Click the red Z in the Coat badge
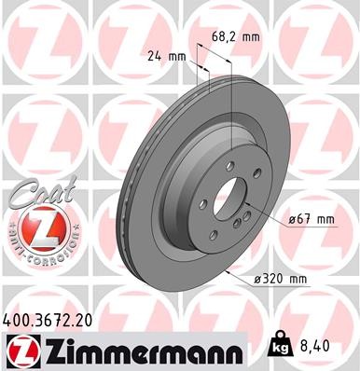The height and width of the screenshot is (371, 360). click(34, 225)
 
